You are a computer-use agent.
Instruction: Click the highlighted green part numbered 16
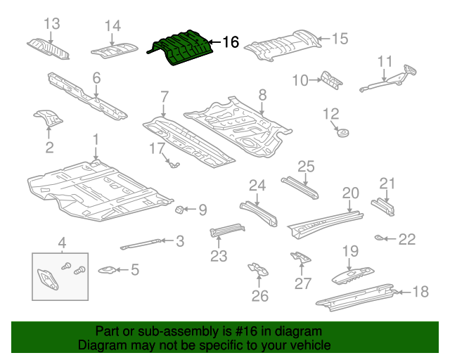180,48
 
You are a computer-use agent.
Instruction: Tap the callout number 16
231,43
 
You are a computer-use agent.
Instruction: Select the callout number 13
51,24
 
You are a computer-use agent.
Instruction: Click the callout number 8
262,94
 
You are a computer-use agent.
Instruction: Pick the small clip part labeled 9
180,209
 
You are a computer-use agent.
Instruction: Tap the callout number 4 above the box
61,243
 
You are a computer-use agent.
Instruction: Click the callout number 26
260,296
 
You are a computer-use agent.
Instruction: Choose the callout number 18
419,292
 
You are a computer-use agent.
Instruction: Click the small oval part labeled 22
380,238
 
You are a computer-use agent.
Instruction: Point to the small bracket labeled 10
330,80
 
